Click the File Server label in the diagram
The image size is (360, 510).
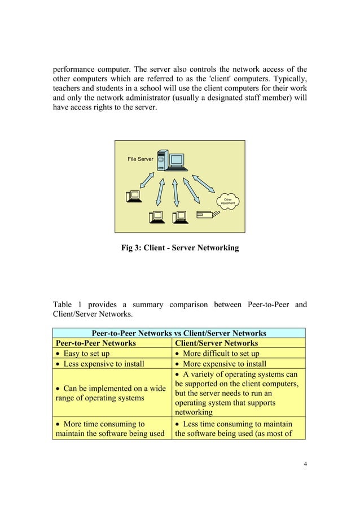[x=140, y=160]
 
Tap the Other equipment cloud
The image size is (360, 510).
[x=228, y=201]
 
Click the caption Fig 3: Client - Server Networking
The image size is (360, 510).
[x=180, y=248]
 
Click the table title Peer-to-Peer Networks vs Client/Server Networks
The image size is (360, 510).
[x=179, y=333]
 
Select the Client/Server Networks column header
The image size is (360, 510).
[x=217, y=343]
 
